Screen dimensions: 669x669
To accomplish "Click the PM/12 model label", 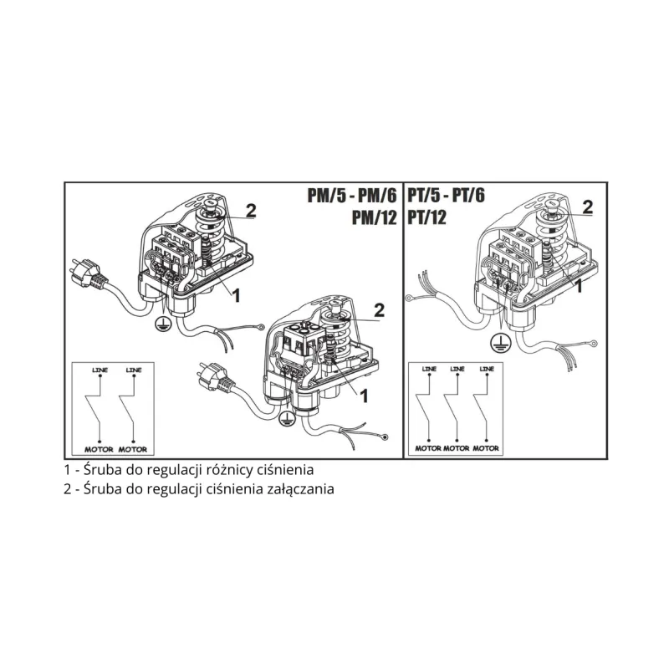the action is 374,217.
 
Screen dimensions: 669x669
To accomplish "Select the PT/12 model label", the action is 427,217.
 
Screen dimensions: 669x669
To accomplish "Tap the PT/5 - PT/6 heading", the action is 447,195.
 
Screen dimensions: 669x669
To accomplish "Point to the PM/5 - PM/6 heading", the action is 352,196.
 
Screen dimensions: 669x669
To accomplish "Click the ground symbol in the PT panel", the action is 498,343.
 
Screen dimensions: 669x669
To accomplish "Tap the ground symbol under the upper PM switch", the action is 162,323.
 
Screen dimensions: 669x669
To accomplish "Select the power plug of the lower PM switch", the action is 215,377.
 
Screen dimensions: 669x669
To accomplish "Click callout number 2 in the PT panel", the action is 588,207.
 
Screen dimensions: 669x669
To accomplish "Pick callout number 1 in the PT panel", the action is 579,286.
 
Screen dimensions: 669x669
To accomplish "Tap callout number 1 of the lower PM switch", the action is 364,396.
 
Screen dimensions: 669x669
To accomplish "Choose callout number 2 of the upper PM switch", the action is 251,211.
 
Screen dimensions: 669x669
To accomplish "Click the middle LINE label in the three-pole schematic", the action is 457,369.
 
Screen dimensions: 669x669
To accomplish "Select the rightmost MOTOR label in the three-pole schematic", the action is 486,448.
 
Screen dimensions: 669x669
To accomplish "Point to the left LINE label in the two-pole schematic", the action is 100,370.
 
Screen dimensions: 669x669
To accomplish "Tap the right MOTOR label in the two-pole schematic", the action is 133,449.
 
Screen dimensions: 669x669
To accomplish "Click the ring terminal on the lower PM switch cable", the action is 385,437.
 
